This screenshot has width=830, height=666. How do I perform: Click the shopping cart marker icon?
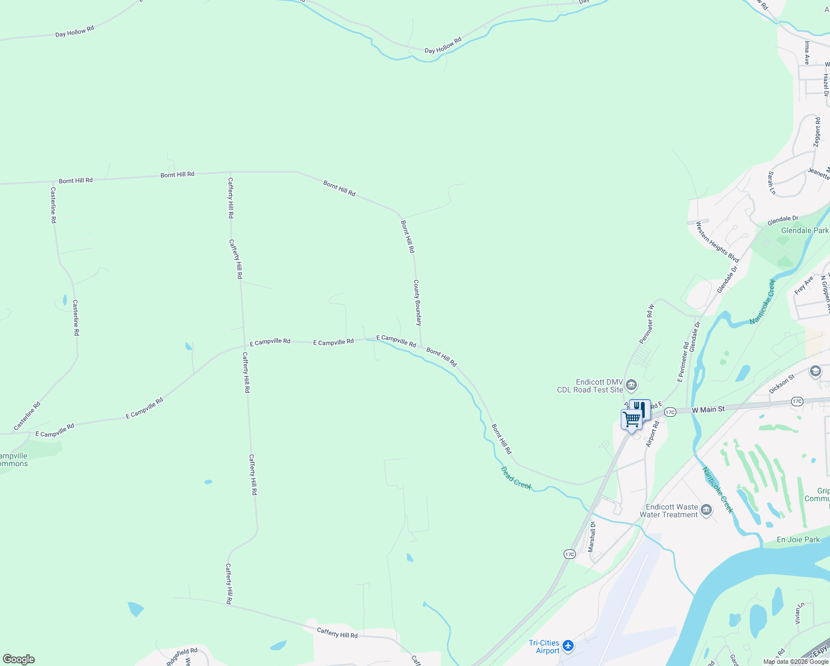[x=631, y=419]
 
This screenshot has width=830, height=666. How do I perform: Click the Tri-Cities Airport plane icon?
[x=568, y=645]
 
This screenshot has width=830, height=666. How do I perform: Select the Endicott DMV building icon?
[x=631, y=385]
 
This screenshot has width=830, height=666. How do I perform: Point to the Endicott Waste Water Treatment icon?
[x=706, y=509]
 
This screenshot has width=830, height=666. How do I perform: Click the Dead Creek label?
[x=517, y=478]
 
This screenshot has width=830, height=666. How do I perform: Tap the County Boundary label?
[x=417, y=302]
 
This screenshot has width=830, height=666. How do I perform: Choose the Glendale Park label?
[x=804, y=230]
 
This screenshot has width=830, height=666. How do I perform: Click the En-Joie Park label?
[x=798, y=539]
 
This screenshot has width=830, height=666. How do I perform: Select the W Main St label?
[x=708, y=410]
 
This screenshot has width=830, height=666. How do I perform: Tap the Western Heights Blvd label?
[x=717, y=243]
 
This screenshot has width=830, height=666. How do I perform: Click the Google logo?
[x=19, y=659]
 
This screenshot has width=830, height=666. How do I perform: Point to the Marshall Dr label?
[x=592, y=537]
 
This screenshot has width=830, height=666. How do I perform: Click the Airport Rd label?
[x=652, y=434]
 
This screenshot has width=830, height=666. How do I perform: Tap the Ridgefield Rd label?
[x=182, y=656]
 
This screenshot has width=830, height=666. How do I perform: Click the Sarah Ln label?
[x=771, y=183]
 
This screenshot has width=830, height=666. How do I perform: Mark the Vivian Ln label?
[x=798, y=613]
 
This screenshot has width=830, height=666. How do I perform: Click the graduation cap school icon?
[x=815, y=371]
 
